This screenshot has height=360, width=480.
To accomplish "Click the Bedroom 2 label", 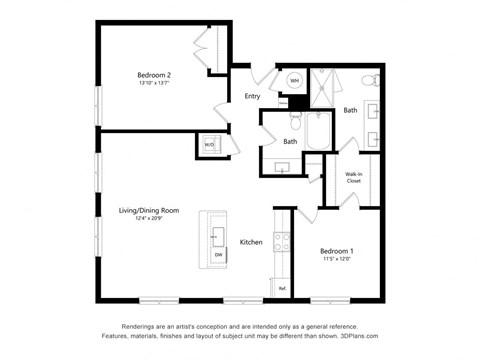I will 155,75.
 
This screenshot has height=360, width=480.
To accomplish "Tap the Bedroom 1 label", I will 337,250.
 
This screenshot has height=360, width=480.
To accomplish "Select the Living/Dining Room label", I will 148,210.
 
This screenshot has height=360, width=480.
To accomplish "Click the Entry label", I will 252,96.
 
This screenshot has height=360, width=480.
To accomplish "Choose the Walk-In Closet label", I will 354,177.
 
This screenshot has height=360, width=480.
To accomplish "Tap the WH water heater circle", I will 296,80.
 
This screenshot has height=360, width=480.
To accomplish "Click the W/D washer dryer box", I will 210,144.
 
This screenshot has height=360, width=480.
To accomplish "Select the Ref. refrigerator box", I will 282,289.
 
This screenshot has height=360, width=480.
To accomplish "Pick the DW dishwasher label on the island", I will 218,255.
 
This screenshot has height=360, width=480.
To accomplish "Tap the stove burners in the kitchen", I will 282,243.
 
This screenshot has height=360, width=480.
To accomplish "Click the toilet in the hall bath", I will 295,120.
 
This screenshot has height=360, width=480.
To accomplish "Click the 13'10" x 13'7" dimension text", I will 155,84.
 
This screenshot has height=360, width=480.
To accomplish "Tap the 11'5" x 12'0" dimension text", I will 337,260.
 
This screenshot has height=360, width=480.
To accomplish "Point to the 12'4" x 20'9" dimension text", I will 148,219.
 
